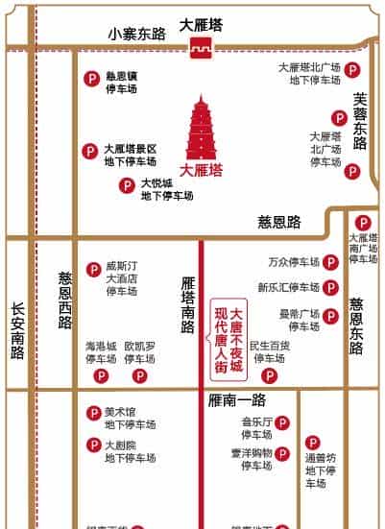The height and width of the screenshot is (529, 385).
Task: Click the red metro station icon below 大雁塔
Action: pyautogui.click(x=201, y=51)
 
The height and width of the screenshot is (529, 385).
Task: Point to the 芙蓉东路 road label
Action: pyautogui.click(x=360, y=120)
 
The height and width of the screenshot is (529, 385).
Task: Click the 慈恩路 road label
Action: pyautogui.click(x=279, y=222)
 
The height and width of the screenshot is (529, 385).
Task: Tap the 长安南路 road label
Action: pyautogui.click(x=16, y=331)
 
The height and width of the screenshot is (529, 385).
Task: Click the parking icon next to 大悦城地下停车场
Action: pyautogui.click(x=126, y=184)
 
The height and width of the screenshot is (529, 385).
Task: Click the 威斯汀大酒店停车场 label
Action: pyautogui.click(x=122, y=278)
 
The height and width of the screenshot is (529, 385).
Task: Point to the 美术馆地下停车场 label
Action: pyautogui.click(x=130, y=418)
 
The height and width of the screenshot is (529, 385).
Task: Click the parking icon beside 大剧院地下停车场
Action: pyautogui.click(x=93, y=445)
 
